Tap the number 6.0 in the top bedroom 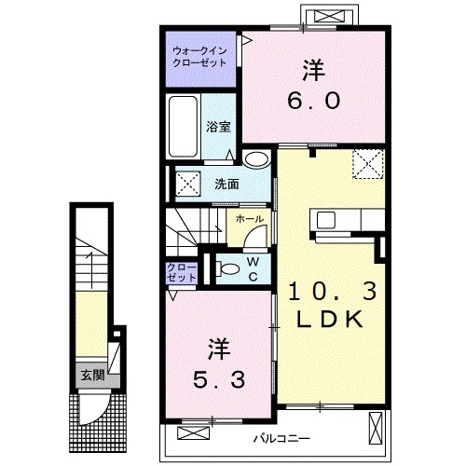pos(312,100)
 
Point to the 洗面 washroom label pos(226,183)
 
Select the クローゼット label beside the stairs pos(182,273)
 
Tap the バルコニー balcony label pos(281,437)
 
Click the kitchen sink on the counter pos(327,221)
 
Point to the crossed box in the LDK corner pos(367,166)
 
